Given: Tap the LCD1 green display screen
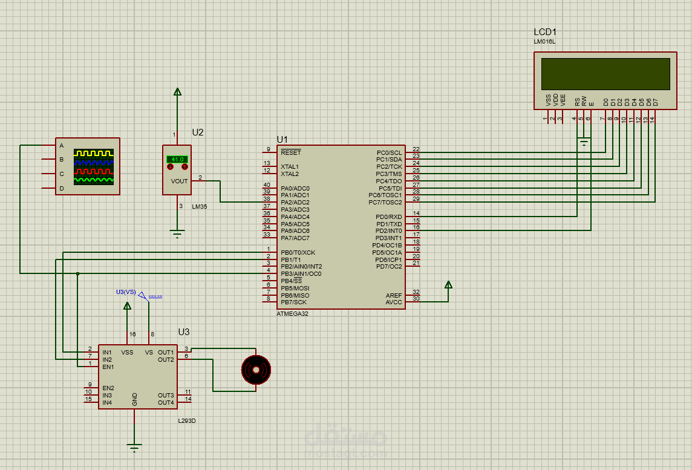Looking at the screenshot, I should [x=605, y=74].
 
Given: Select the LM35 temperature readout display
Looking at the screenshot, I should [x=177, y=159].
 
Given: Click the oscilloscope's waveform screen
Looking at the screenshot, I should [x=94, y=166].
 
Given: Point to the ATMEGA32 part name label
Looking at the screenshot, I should [x=292, y=314].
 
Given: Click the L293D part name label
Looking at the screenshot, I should [x=186, y=420].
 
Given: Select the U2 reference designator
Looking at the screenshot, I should [x=198, y=132].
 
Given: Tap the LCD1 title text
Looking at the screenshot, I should [x=544, y=31].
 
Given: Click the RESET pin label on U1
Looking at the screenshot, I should [x=290, y=152].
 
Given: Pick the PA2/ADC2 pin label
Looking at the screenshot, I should [x=295, y=203].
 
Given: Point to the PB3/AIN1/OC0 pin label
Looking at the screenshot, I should [x=301, y=273].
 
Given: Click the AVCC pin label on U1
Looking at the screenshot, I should [x=394, y=302].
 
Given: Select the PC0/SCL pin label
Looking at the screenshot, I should [x=389, y=152].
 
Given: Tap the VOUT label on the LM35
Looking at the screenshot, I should [x=179, y=181].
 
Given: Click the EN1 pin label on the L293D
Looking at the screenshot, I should [x=108, y=367].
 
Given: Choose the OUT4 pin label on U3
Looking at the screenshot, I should [x=166, y=402].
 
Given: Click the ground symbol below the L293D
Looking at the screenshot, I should [x=134, y=448].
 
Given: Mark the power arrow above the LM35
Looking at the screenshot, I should [x=177, y=92].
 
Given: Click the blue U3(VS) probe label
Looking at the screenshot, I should [x=126, y=292].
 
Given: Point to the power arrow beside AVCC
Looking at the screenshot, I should [x=448, y=285].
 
